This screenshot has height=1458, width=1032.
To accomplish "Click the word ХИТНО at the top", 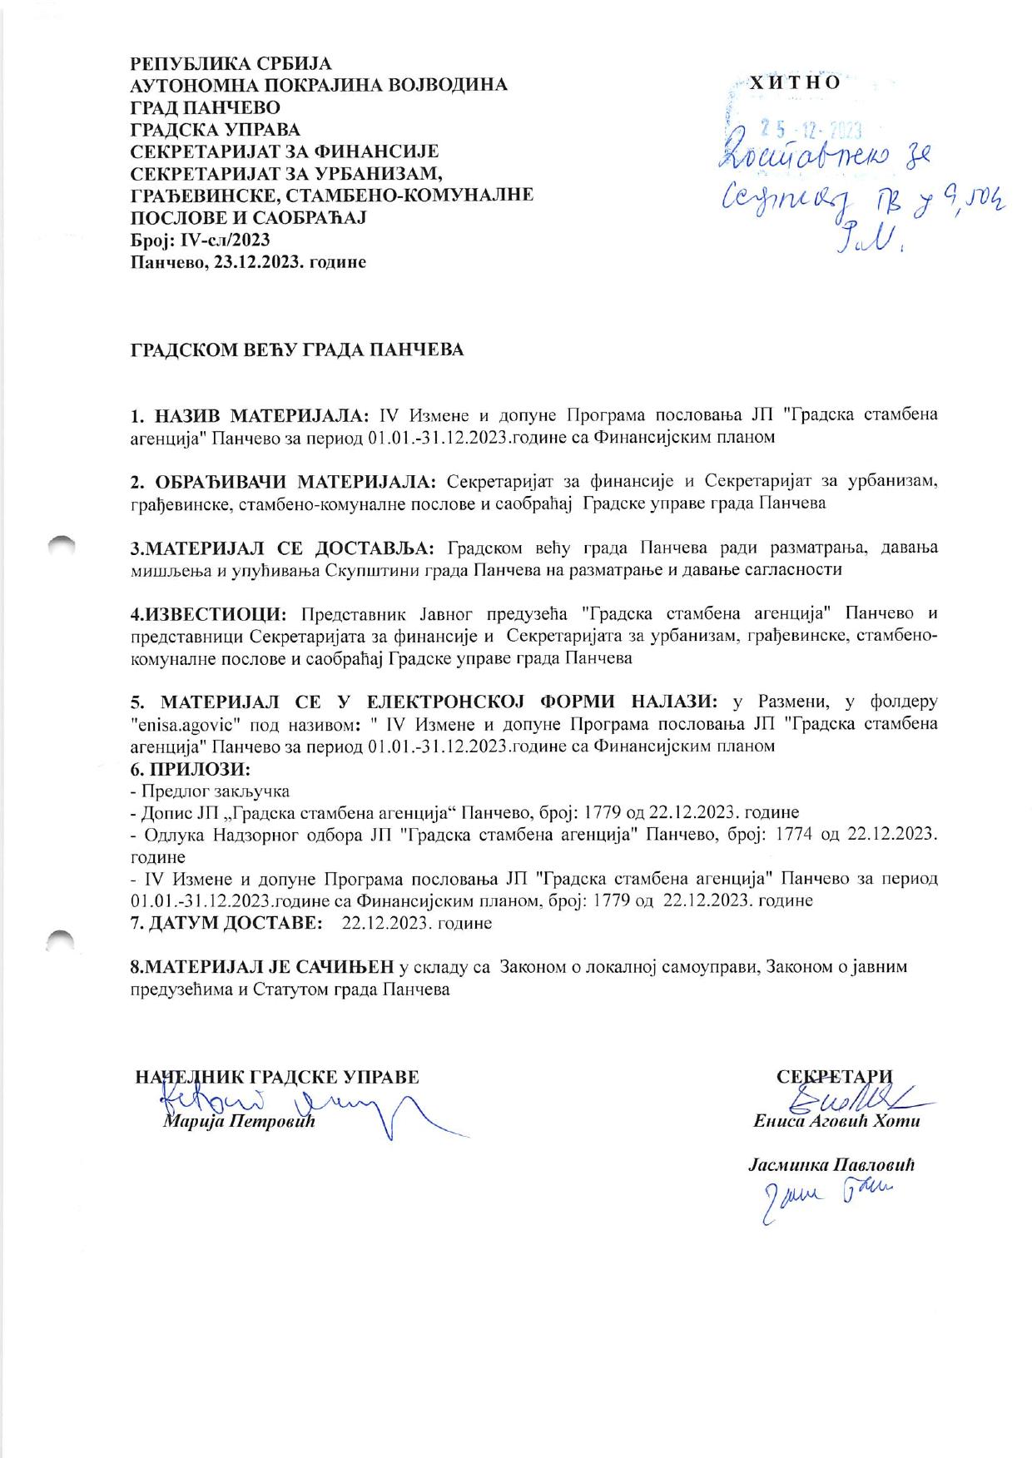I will pos(796,83).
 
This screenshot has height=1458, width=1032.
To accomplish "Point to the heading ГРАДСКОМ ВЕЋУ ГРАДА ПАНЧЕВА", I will pos(297,350).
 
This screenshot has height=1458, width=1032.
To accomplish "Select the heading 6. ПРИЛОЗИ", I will pos(191,768).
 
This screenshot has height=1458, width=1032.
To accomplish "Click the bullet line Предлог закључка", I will pos(213,791).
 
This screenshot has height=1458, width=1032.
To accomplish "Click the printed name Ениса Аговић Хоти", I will pos(836,1121).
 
